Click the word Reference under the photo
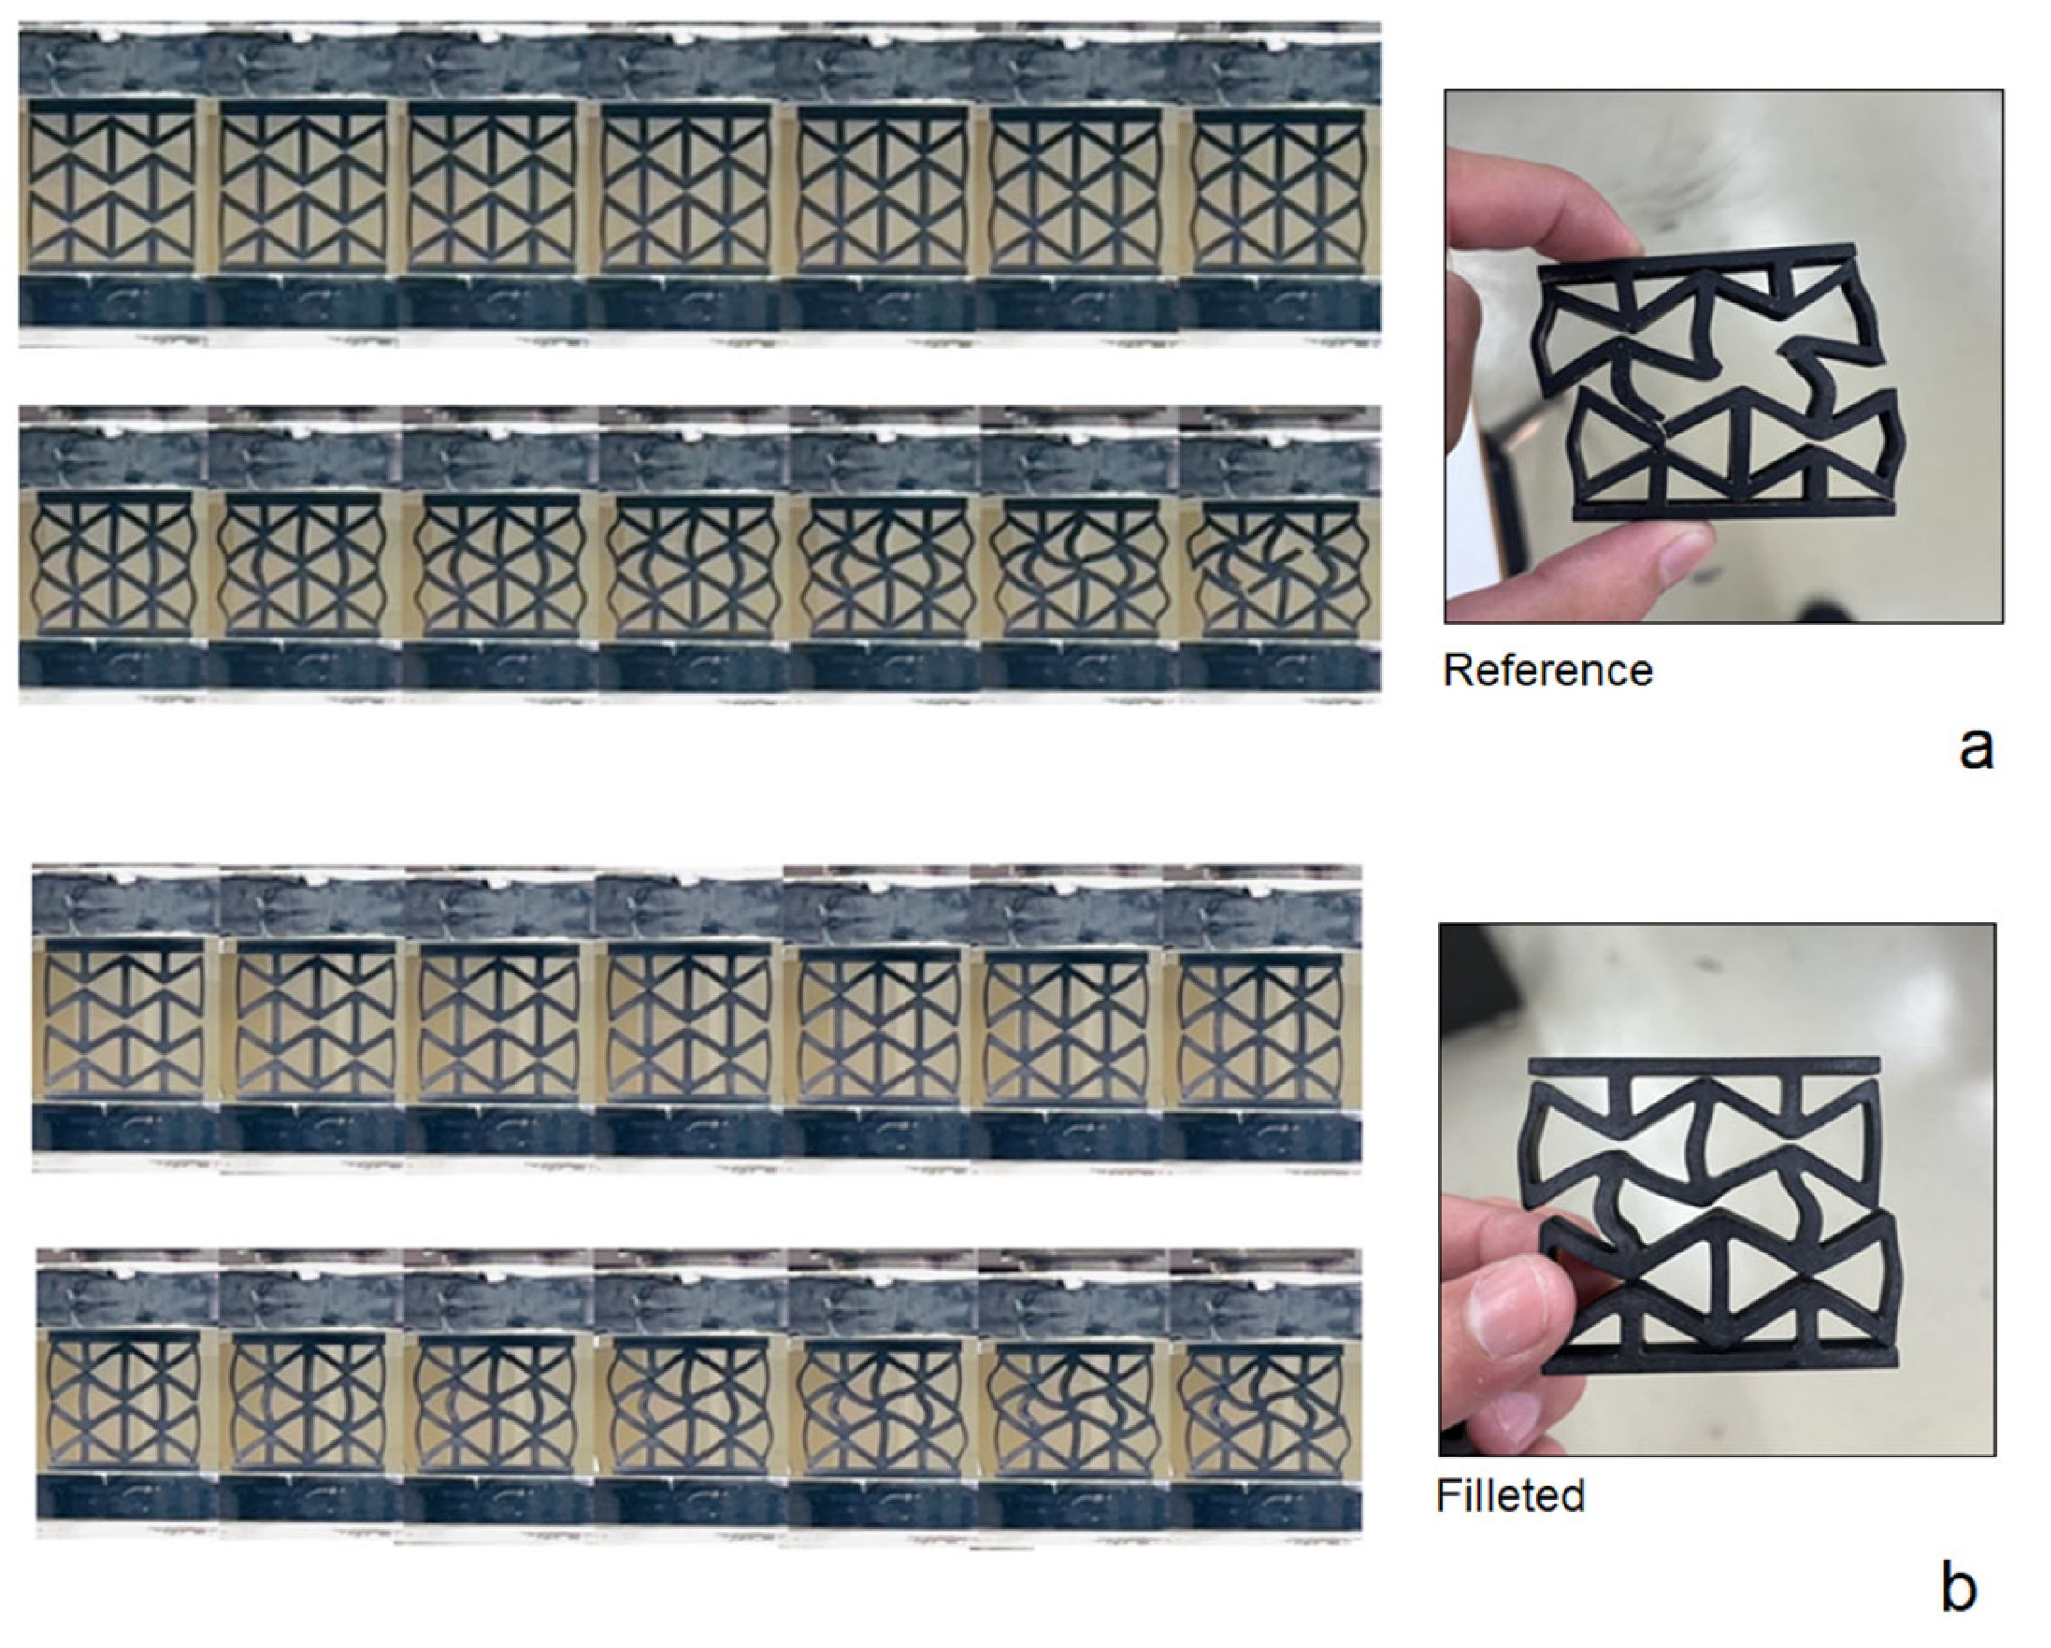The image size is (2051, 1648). (x=1548, y=671)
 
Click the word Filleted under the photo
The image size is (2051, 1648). (x=1510, y=1495)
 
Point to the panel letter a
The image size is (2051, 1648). (x=1976, y=749)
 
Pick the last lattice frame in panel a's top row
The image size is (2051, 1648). (x=1276, y=191)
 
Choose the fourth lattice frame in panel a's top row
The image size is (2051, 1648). (x=686, y=189)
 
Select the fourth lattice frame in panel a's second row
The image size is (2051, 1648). (x=691, y=565)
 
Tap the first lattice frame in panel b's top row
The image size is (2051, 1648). (x=124, y=1022)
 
